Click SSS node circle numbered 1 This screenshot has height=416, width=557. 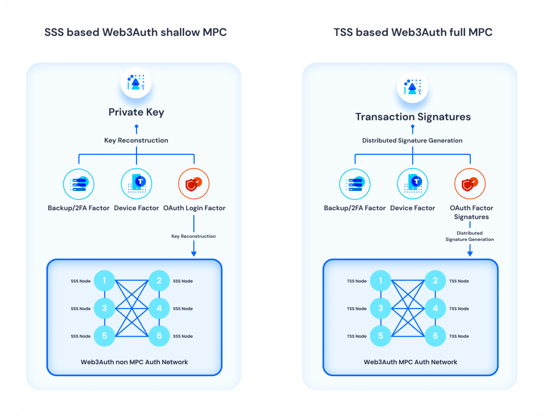104,280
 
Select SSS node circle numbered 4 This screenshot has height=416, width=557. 159,308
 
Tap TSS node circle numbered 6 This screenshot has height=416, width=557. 435,336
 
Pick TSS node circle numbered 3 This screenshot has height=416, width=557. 381,308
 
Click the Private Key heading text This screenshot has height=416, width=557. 136,112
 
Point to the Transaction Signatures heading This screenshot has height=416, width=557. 413,117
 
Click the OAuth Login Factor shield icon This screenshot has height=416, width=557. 194,184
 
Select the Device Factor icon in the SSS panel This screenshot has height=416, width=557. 137,184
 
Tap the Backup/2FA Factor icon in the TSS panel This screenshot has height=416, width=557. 355,184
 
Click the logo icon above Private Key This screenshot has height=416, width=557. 136,82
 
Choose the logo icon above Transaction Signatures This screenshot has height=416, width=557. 412,87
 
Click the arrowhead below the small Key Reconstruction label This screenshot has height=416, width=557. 194,254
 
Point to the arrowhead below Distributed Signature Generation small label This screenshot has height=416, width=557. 470,254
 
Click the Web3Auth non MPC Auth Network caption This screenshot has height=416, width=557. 134,362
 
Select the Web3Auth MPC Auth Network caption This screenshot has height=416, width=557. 410,362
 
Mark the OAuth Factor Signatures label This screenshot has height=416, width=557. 471,212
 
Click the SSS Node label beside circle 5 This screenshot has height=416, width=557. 81,336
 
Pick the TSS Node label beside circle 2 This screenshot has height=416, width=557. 459,281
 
